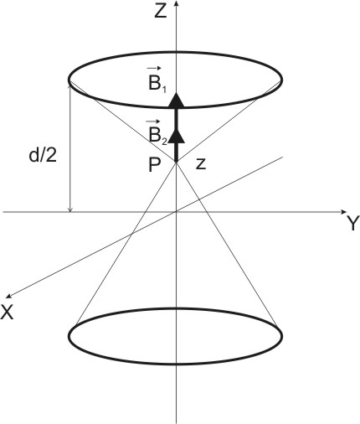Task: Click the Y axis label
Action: (352, 224)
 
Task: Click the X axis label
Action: (9, 310)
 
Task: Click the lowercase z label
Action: (200, 164)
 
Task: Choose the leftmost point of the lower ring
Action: (68, 338)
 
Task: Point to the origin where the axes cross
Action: (177, 210)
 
